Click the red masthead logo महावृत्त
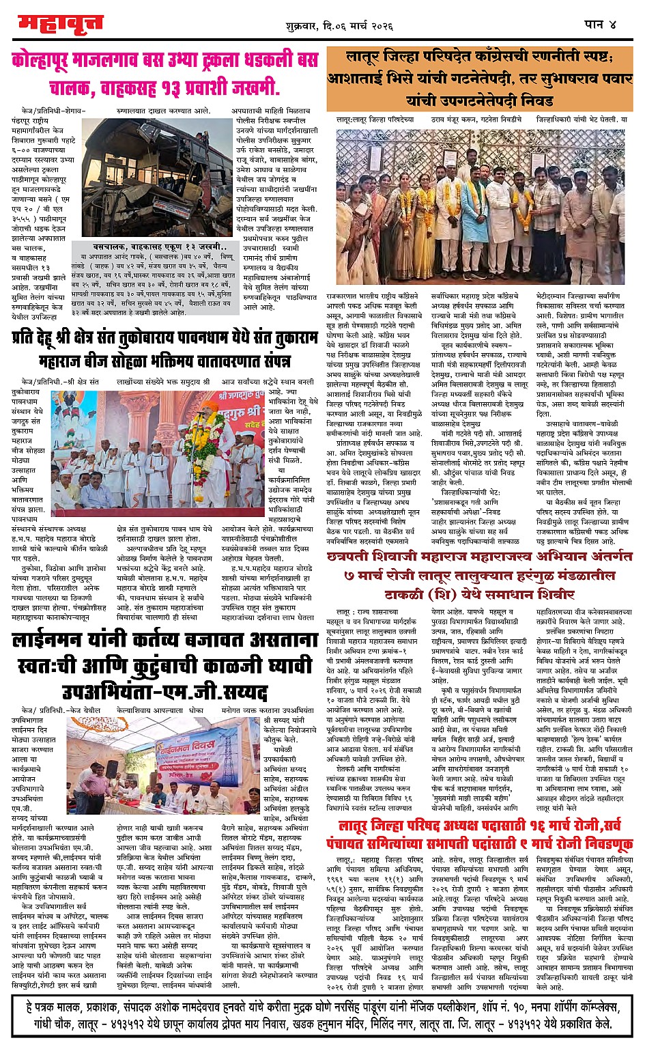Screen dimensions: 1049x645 [60, 25]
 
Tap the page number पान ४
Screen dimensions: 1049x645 [600, 24]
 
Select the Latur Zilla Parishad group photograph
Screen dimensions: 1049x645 [484, 198]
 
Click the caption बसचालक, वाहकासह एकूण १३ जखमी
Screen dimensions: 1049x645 [156, 247]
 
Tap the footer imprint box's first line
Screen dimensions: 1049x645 [321, 1006]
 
